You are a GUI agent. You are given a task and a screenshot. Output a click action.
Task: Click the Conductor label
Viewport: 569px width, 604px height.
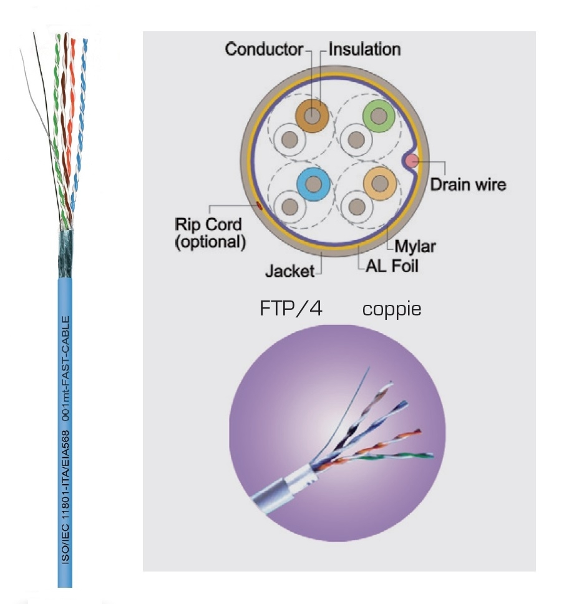[x=264, y=49]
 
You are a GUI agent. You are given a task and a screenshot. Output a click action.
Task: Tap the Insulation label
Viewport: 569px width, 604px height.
[x=365, y=49]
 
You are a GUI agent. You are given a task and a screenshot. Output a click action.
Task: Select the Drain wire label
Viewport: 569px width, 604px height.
[x=469, y=184]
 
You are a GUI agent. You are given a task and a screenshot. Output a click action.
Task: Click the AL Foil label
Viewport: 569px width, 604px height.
[x=391, y=266]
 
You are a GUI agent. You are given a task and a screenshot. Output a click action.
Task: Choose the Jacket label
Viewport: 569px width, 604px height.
[x=292, y=271]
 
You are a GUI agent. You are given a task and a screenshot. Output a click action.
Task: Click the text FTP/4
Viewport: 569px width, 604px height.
[x=291, y=309]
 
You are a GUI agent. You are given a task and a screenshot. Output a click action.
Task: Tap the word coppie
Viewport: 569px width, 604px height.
[x=392, y=309]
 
